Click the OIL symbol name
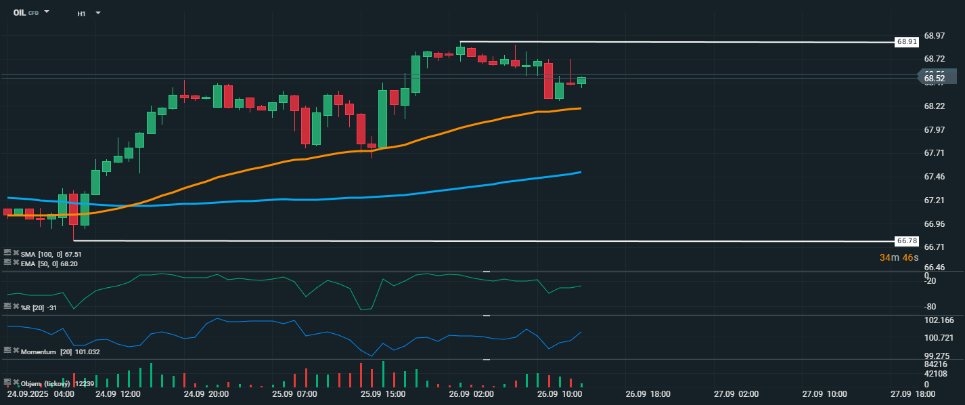pyautogui.click(x=20, y=12)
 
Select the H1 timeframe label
pyautogui.click(x=81, y=13)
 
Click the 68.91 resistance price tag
pyautogui.click(x=907, y=42)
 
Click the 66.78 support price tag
pyautogui.click(x=907, y=240)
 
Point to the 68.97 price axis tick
pyautogui.click(x=934, y=35)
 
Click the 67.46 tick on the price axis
pyautogui.click(x=934, y=177)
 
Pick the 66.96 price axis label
pyautogui.click(x=934, y=223)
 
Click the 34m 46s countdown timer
pyautogui.click(x=899, y=257)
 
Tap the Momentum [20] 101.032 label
pyautogui.click(x=60, y=351)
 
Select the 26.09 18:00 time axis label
pyautogui.click(x=648, y=393)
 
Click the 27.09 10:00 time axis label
pyautogui.click(x=824, y=393)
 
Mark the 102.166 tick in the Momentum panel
pyautogui.click(x=939, y=320)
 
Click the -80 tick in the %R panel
pyautogui.click(x=930, y=307)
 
